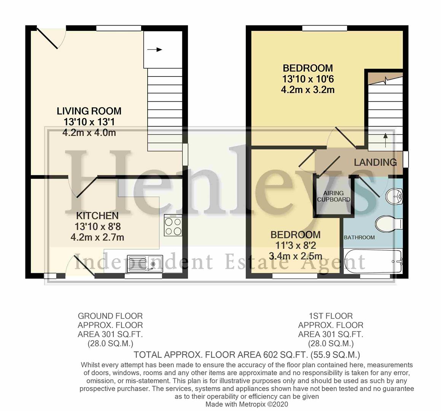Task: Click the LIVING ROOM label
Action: [x=89, y=111]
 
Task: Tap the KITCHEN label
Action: [x=97, y=216]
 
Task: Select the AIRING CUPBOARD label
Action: [x=333, y=196]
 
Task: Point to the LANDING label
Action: [x=375, y=162]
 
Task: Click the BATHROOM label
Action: [x=359, y=237]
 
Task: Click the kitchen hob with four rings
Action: [x=173, y=226]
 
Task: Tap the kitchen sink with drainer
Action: [x=145, y=263]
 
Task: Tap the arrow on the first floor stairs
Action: [x=385, y=137]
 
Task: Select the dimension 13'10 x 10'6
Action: [x=307, y=79]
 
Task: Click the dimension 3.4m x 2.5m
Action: [x=295, y=256]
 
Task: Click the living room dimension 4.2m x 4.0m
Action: [x=89, y=133]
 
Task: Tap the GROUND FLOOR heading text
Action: [x=110, y=316]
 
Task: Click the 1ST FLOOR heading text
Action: [x=331, y=316]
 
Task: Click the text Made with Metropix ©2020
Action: [x=247, y=404]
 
